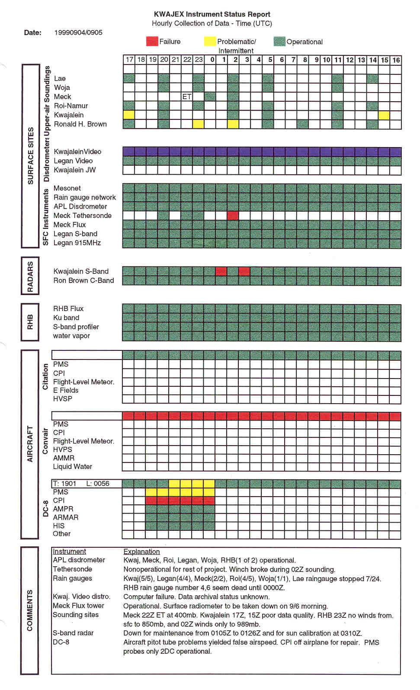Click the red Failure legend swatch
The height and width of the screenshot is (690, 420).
tap(152, 41)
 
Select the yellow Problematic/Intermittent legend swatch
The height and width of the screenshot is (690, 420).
tap(210, 41)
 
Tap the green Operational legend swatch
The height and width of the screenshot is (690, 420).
tap(279, 42)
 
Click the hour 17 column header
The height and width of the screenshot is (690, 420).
tap(129, 60)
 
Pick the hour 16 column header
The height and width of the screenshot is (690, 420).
tap(396, 60)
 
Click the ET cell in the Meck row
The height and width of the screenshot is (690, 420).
tap(187, 96)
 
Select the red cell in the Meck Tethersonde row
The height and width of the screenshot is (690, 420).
tap(233, 215)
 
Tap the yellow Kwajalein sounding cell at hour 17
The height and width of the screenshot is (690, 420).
tap(129, 115)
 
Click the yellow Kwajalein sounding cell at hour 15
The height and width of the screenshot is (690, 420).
tap(384, 115)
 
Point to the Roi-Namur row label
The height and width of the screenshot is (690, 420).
tap(71, 106)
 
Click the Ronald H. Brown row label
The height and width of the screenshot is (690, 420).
tap(80, 124)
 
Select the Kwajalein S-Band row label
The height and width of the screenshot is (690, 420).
tap(81, 271)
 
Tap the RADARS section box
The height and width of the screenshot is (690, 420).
tap(30, 276)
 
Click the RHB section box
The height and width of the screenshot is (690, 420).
tap(30, 322)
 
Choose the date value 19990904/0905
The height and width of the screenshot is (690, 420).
tap(78, 32)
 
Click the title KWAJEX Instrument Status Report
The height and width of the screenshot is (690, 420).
tap(212, 14)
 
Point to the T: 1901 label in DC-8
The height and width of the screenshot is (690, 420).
tap(64, 484)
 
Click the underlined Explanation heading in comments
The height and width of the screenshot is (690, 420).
tap(141, 552)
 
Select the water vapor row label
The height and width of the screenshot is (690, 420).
tap(71, 336)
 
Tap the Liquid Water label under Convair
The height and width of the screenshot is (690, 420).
tap(72, 466)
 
